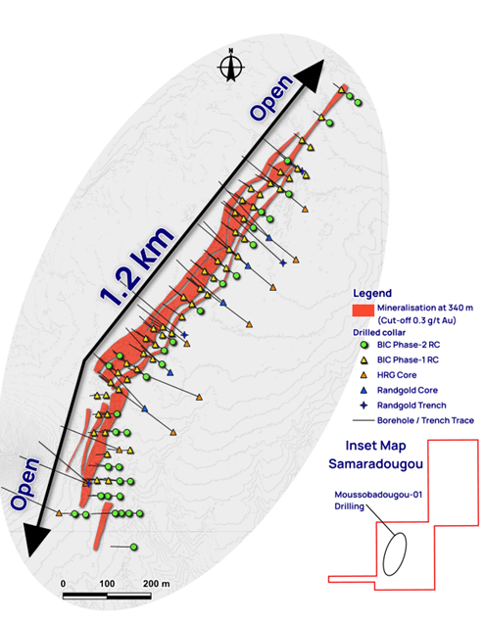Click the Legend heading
coord(373,293)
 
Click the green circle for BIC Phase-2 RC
coord(364,346)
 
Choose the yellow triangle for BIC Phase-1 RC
coord(364,361)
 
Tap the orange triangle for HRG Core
coord(364,377)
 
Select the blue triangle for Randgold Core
coord(364,393)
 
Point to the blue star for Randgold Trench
coord(364,407)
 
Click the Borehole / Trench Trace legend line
coord(364,423)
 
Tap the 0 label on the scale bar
coord(63,583)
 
